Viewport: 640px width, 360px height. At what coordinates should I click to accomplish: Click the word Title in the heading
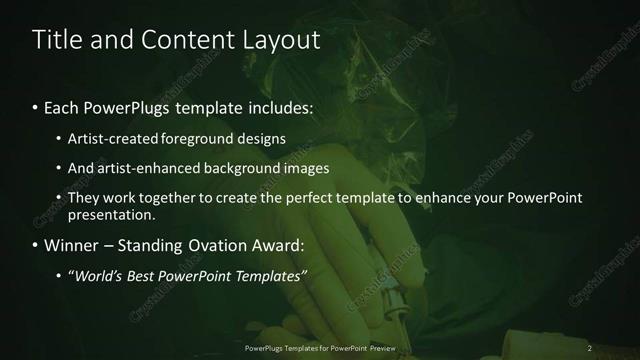pyautogui.click(x=57, y=41)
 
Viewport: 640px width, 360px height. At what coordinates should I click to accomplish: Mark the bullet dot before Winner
pyautogui.click(x=37, y=245)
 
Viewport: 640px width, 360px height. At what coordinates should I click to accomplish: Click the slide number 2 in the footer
pyautogui.click(x=589, y=347)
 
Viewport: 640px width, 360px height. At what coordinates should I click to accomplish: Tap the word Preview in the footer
pyautogui.click(x=379, y=347)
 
